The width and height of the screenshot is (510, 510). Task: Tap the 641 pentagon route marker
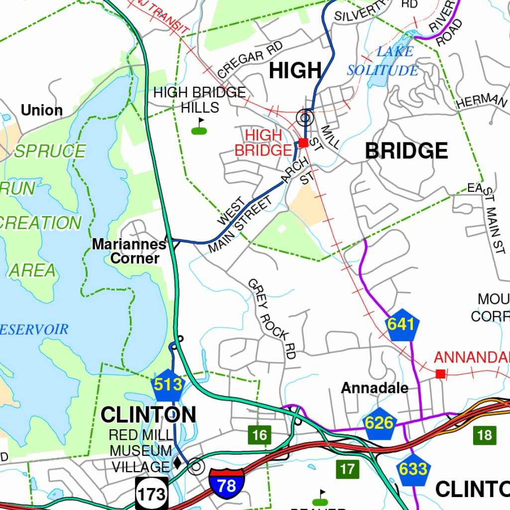401,325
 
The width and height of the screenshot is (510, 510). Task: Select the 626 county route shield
379,423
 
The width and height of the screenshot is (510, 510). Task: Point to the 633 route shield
413,469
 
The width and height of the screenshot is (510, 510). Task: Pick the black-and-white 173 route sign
152,494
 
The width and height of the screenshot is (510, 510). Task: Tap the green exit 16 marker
259,435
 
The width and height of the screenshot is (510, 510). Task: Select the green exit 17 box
348,469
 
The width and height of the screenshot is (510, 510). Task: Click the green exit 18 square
484,435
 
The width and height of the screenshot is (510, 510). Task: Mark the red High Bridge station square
303,143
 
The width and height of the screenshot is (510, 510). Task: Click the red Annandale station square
440,374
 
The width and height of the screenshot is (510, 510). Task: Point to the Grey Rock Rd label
272,319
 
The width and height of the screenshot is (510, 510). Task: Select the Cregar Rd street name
250,59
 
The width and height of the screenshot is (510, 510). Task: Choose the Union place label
42,110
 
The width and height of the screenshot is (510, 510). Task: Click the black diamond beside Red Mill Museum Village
177,463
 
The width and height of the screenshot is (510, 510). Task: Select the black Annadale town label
375,388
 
